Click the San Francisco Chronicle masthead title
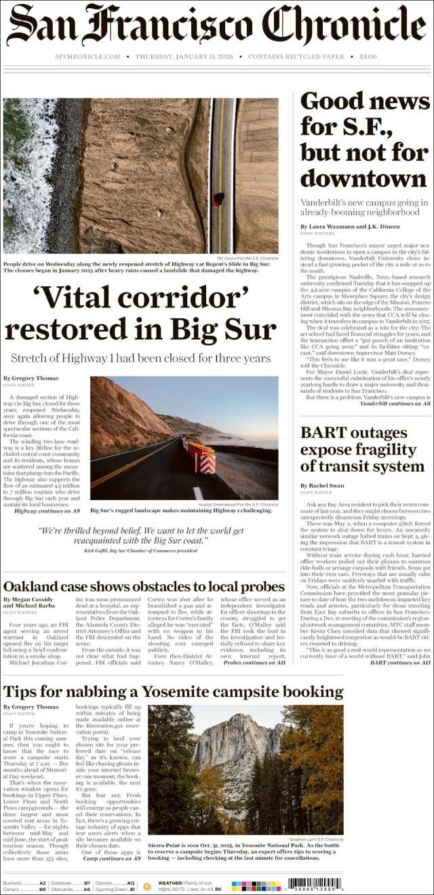pyautogui.click(x=216, y=26)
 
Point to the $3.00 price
pyautogui.click(x=368, y=57)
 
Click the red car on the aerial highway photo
pyautogui.click(x=218, y=199)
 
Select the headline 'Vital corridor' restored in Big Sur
pyautogui.click(x=140, y=313)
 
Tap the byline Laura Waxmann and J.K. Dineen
pyautogui.click(x=350, y=227)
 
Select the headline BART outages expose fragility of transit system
pyautogui.click(x=362, y=450)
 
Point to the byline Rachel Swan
pyautogui.click(x=322, y=486)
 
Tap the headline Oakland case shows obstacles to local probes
pyautogui.click(x=144, y=586)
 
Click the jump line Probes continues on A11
pyautogui.click(x=254, y=662)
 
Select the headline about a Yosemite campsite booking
pyautogui.click(x=173, y=692)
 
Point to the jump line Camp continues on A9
pyautogui.click(x=111, y=858)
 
